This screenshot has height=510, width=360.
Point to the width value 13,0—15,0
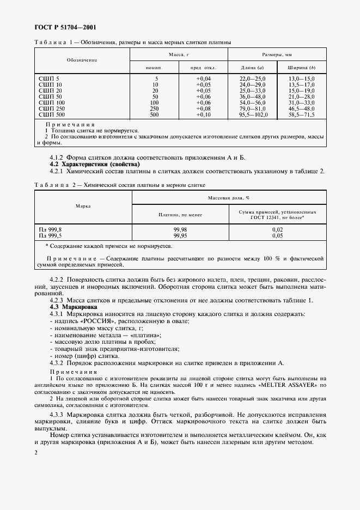tap(302, 79)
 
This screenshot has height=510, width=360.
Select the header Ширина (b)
tap(302, 68)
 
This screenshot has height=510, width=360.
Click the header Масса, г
tap(178, 54)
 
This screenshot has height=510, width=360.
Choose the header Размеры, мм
tap(277, 54)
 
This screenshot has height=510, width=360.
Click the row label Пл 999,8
tap(50, 230)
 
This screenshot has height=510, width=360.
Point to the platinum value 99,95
tap(180, 236)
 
